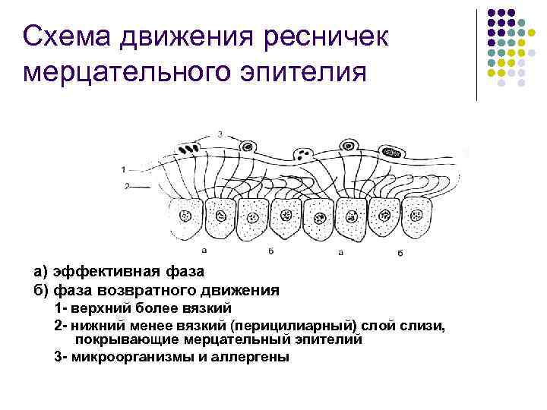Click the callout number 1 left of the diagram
124,169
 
